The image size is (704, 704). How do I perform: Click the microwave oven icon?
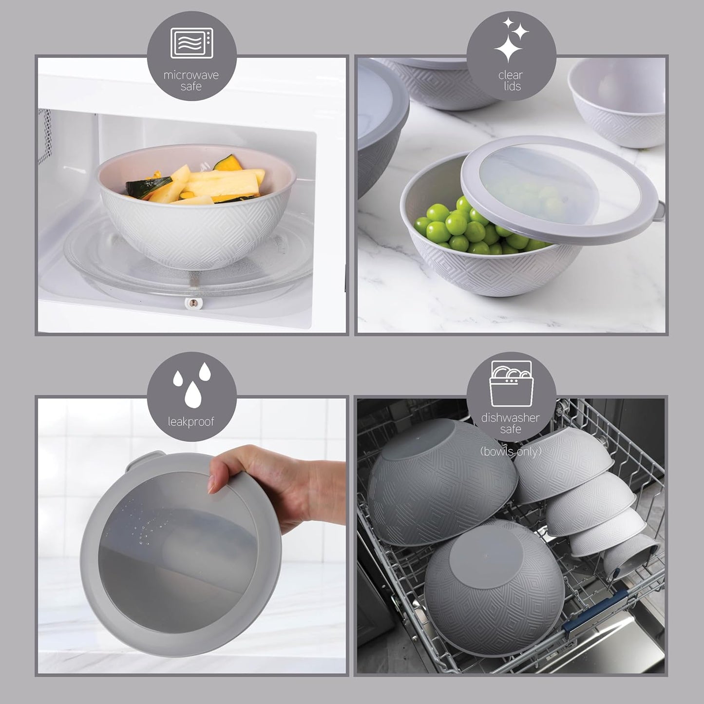191,43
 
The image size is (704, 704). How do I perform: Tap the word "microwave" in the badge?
191,75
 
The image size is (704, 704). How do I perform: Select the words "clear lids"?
511,81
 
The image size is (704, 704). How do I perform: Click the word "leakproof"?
191,421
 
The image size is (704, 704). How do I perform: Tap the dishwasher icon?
511,384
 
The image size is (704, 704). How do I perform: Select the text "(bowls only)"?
511,452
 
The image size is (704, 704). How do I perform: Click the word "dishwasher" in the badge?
511,418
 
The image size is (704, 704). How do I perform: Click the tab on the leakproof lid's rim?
136,460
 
